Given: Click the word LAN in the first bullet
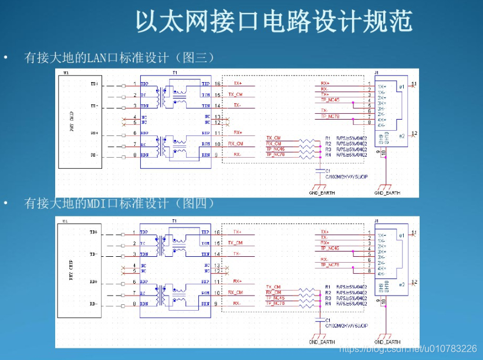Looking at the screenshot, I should coord(96,57).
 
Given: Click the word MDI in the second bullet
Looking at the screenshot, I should coord(96,203).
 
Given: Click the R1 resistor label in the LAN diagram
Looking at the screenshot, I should coord(328,138).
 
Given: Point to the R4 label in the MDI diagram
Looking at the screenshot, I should coord(328,303).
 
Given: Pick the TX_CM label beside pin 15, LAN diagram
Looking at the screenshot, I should coord(235,94).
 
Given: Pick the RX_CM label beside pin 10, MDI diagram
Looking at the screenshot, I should coord(235,291).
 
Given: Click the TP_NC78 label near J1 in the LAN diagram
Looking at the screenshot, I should coord(330,116).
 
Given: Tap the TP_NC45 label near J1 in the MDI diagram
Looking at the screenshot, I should coord(330,248).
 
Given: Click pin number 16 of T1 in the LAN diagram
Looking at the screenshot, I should coord(217,84).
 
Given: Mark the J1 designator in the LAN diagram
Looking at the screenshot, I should coord(377,73).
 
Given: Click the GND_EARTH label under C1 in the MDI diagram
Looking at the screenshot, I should coord(320,342).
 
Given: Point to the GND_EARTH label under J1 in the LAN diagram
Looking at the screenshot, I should coord(387,192).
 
